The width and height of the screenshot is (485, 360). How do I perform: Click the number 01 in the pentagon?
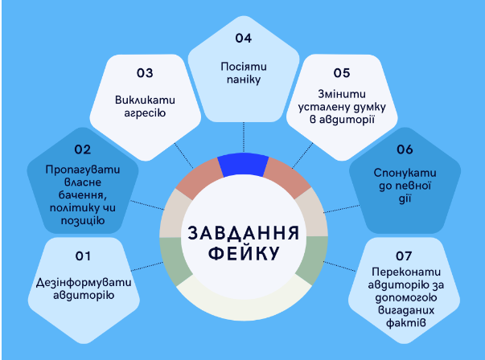click(83, 256)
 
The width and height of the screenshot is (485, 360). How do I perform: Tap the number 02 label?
click(83, 149)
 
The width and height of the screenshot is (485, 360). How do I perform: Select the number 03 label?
click(145, 73)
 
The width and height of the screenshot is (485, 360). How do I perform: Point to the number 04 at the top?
click(244, 38)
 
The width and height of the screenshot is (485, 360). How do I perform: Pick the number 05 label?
click(342, 73)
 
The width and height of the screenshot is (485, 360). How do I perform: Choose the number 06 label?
click(405, 149)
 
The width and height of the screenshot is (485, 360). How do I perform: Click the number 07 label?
click(404, 256)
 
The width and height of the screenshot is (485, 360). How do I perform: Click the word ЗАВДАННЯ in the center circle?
click(244, 233)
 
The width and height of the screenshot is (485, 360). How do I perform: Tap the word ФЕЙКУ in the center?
click(244, 254)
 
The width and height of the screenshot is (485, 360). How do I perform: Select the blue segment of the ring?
click(243, 164)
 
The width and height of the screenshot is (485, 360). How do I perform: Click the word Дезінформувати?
click(84, 282)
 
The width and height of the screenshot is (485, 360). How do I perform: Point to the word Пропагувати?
click(83, 170)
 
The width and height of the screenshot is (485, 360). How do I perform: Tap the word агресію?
click(145, 113)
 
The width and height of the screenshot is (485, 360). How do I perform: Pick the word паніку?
click(244, 80)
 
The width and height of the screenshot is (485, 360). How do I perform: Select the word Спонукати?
click(405, 173)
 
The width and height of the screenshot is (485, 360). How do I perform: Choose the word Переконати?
click(406, 272)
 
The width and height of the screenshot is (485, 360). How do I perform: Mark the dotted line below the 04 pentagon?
click(244, 137)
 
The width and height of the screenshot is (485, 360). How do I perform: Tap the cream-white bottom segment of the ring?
click(244, 301)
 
